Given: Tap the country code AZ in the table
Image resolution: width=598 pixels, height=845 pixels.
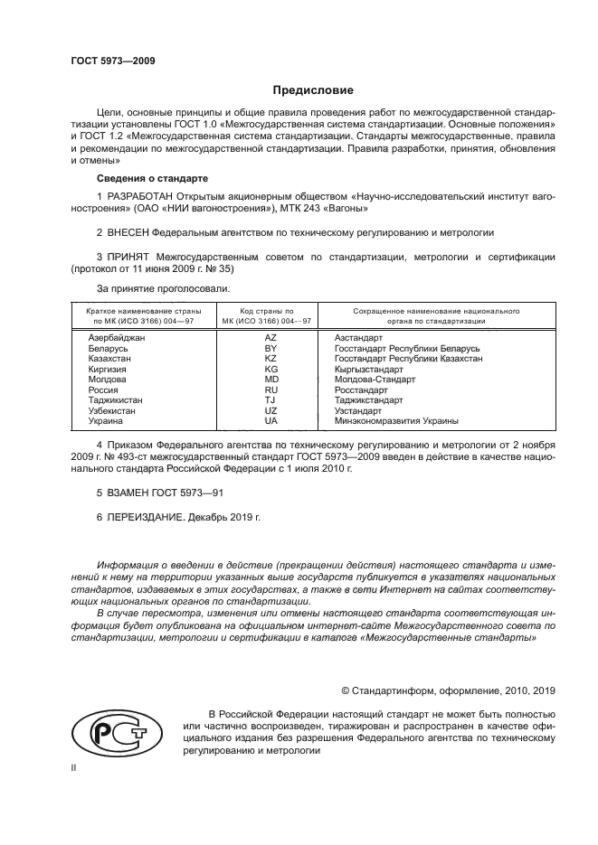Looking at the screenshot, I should click(x=270, y=337).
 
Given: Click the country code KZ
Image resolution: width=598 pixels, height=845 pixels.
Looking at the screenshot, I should click(x=270, y=358).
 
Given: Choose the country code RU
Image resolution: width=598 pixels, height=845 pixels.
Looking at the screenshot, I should click(x=270, y=390).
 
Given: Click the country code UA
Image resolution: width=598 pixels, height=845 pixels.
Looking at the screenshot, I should click(x=270, y=420).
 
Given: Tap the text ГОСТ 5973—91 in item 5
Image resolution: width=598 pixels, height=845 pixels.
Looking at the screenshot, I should click(x=192, y=493).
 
